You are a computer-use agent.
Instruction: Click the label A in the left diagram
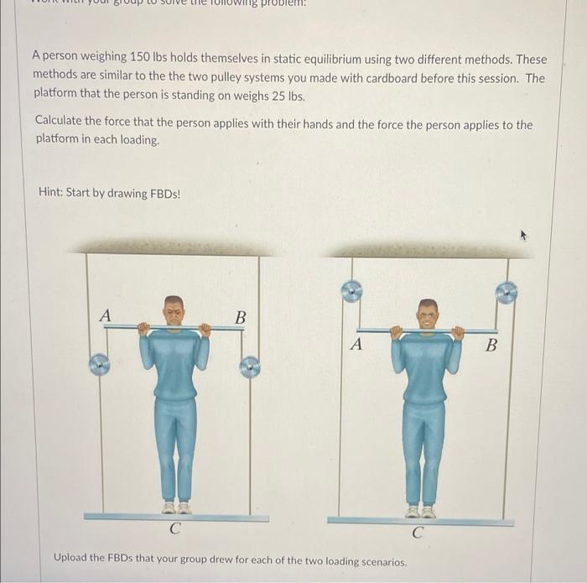coord(105,315)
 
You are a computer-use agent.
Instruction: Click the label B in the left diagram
coord(241,317)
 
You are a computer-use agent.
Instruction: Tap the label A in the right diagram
coord(356,344)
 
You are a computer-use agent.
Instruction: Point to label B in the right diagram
coord(491,344)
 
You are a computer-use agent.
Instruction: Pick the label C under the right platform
coord(418,532)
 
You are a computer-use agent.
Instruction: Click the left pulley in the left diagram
coord(100,364)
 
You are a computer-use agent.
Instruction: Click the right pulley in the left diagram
coord(249,367)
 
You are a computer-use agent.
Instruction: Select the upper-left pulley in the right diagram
coord(351,291)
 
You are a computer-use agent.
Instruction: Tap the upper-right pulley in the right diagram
coord(506,292)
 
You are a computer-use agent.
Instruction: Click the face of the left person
coord(174,310)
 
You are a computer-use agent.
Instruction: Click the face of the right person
coord(428,315)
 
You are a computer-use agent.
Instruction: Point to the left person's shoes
coord(176,508)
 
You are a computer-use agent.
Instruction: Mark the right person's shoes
coord(420,511)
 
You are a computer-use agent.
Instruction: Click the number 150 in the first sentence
coord(140,59)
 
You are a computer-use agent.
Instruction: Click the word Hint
coord(52,193)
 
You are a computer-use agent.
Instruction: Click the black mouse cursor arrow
coord(526,237)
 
